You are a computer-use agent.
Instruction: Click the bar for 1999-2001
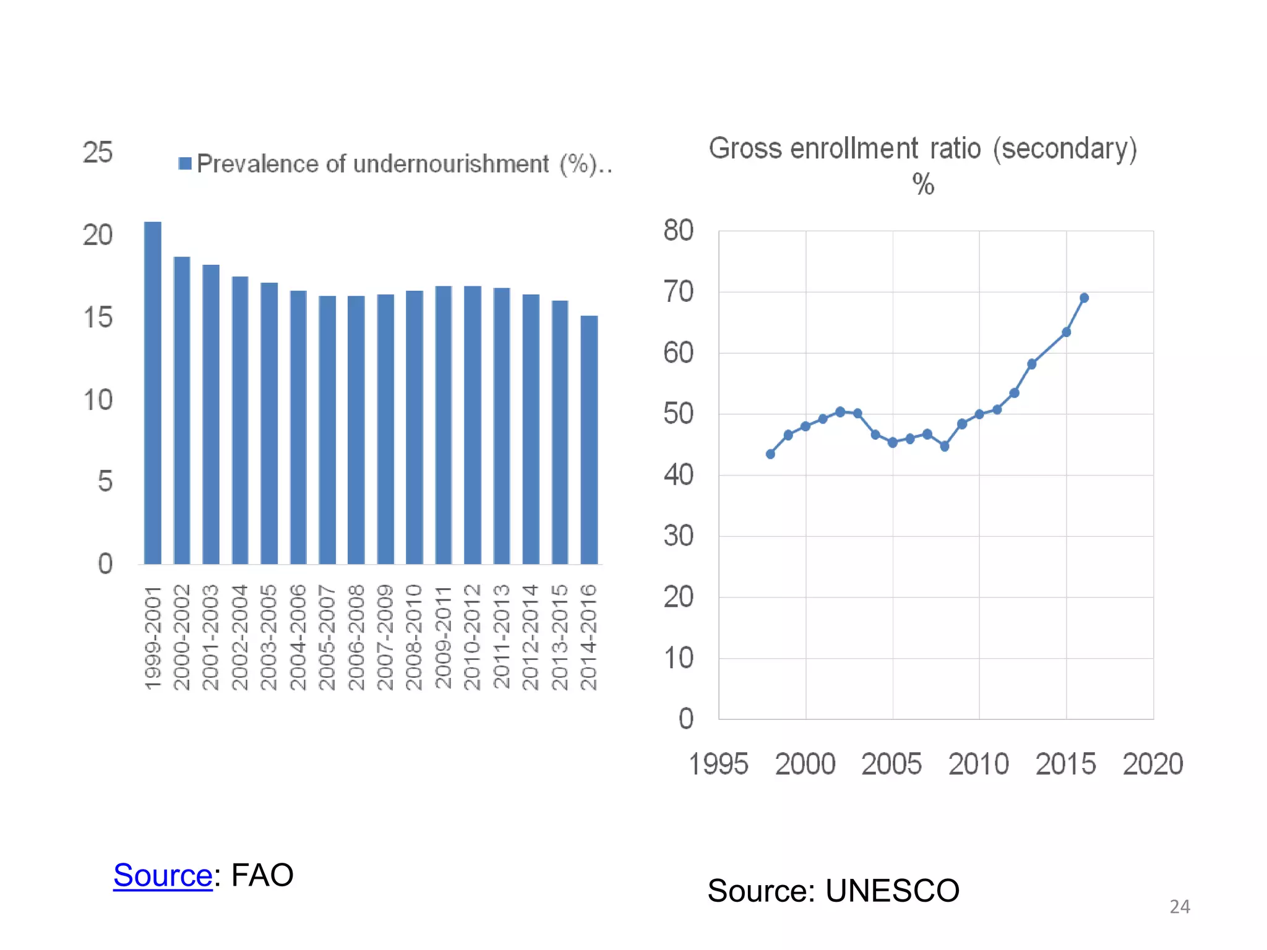pos(152,393)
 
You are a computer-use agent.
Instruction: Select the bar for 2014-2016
pos(589,440)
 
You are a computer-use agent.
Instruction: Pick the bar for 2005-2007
pos(327,430)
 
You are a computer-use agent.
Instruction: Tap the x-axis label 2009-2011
pos(443,637)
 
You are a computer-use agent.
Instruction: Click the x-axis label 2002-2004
pos(239,637)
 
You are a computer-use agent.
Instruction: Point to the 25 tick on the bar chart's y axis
pos(98,152)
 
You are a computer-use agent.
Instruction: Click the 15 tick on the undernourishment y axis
pos(98,317)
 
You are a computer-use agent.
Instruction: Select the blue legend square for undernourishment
pos(184,163)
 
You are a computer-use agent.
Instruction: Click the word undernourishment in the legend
pos(451,164)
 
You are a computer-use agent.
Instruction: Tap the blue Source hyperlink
pos(163,875)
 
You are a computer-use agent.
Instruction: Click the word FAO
pos(262,875)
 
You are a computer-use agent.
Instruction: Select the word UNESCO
pos(892,891)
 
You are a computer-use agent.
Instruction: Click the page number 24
pos(1179,907)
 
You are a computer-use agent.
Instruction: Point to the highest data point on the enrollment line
pos(1084,298)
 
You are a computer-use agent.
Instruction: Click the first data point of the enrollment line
pos(770,454)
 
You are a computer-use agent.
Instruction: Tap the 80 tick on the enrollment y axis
pos(678,230)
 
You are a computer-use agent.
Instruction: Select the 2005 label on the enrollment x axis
pos(891,764)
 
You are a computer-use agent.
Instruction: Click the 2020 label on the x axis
pos(1153,764)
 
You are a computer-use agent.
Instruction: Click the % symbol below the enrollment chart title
pos(923,184)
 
